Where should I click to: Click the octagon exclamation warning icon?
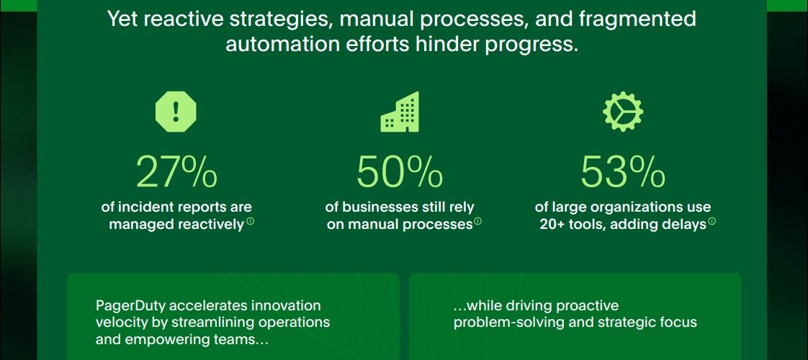(176, 112)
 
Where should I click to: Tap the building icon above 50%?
(400, 112)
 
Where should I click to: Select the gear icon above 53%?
(623, 112)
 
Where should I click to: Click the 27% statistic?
(176, 172)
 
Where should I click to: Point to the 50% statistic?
(400, 172)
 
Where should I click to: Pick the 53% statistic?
(623, 172)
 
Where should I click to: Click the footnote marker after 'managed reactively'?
(250, 222)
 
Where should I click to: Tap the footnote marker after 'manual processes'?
(477, 222)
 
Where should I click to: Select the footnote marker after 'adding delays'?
(712, 222)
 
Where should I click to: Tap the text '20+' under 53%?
(552, 225)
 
